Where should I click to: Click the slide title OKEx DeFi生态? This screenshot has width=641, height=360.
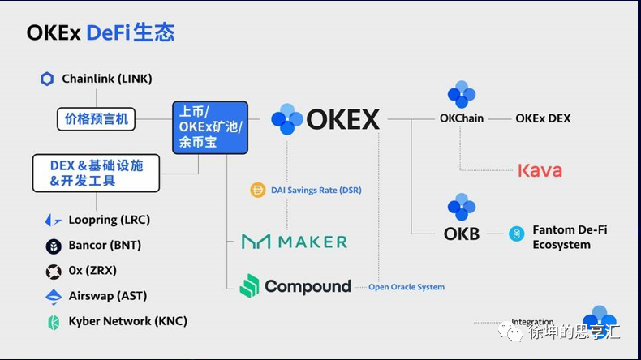pyautogui.click(x=101, y=32)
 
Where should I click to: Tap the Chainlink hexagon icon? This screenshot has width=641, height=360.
pyautogui.click(x=47, y=79)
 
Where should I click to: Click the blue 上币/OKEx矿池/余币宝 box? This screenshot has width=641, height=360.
pyautogui.click(x=209, y=127)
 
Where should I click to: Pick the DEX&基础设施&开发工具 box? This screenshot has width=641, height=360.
pyautogui.click(x=96, y=173)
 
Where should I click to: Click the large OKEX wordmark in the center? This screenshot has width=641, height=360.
pyautogui.click(x=342, y=119)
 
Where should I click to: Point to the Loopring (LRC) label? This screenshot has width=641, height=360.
pyautogui.click(x=109, y=220)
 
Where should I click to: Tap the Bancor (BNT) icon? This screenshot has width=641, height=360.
pyautogui.click(x=54, y=246)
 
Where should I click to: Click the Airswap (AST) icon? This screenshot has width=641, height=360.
pyautogui.click(x=54, y=296)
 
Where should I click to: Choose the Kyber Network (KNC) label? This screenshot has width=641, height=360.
pyautogui.click(x=127, y=321)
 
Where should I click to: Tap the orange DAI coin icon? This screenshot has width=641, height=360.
pyautogui.click(x=259, y=191)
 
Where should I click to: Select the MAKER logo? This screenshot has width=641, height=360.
pyautogui.click(x=295, y=242)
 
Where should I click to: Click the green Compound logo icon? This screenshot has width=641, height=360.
pyautogui.click(x=250, y=285)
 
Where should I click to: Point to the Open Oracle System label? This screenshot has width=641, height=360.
pyautogui.click(x=407, y=287)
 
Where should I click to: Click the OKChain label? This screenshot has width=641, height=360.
pyautogui.click(x=461, y=118)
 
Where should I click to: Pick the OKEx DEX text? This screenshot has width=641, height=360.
pyautogui.click(x=543, y=118)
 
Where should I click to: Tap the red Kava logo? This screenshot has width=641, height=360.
pyautogui.click(x=540, y=170)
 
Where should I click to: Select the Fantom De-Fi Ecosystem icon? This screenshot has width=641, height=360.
pyautogui.click(x=516, y=234)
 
